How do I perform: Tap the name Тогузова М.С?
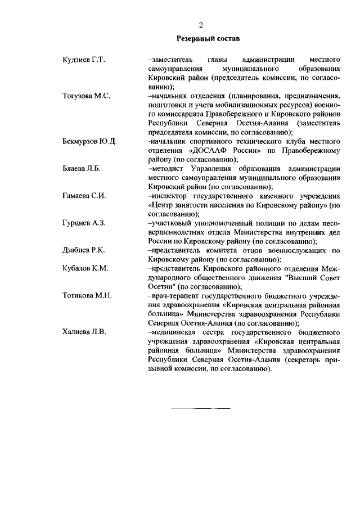(x=86, y=96)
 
